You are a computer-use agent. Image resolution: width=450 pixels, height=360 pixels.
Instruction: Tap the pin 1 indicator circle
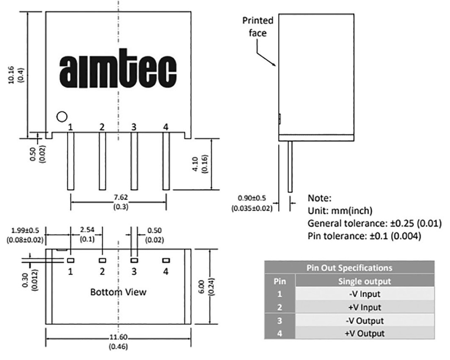coord(62,116)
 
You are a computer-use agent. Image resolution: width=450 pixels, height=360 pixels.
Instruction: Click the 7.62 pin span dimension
coord(119,198)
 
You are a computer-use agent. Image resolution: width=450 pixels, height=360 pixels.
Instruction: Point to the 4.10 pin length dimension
coord(199,164)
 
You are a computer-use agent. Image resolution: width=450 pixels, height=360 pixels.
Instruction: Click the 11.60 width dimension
coord(119,337)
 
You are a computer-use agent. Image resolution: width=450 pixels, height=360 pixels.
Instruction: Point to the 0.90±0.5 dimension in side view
coord(251,198)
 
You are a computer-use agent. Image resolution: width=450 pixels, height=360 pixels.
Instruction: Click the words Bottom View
coord(118,292)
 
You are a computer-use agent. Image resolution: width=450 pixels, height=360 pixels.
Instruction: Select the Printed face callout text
coord(258,26)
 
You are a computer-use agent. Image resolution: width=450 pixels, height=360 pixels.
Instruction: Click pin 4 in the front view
coord(166,161)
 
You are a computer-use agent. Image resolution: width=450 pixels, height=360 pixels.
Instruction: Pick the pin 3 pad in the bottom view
coord(134,260)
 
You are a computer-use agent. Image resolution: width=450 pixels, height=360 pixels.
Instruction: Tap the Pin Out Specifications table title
coord(349,267)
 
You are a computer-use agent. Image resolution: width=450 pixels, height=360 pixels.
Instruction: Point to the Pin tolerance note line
coord(364,236)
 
